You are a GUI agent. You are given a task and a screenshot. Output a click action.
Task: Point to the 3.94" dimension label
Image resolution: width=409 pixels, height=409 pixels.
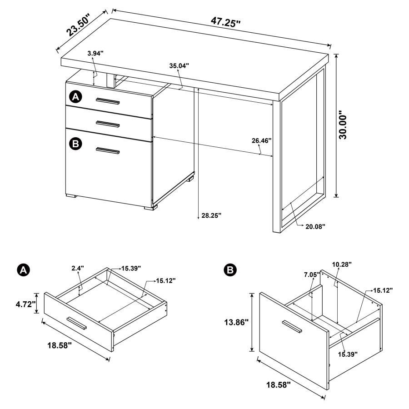click(x=95, y=54)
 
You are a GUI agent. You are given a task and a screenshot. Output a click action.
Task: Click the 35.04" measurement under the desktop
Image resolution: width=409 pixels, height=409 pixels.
click(x=179, y=65)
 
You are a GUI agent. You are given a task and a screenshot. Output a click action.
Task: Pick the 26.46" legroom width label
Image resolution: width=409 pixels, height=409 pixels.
click(x=261, y=140)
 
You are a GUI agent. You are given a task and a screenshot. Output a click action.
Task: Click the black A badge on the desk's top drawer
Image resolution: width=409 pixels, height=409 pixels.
click(x=75, y=96)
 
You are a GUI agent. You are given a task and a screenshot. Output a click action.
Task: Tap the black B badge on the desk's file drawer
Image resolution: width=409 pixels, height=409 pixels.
click(x=75, y=144)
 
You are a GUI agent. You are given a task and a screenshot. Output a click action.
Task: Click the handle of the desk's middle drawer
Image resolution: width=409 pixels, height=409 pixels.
click(x=108, y=123)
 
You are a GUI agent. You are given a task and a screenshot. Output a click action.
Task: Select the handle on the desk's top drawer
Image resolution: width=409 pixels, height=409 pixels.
click(x=108, y=101)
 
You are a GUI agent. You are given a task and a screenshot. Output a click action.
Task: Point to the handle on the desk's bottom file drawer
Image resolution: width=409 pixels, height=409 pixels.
click(x=108, y=151)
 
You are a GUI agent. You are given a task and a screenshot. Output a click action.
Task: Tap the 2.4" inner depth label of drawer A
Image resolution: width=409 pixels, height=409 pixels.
click(x=78, y=269)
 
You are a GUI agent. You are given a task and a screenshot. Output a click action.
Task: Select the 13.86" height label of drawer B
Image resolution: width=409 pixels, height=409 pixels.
click(x=237, y=323)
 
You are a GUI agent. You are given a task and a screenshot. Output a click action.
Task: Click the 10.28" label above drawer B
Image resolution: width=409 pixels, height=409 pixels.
click(x=341, y=264)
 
